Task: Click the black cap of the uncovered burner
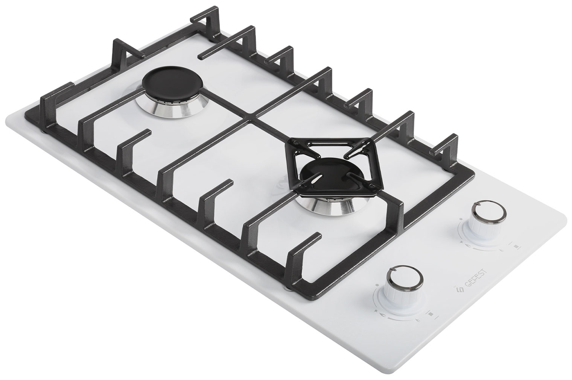173,81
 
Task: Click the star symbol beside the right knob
461,241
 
